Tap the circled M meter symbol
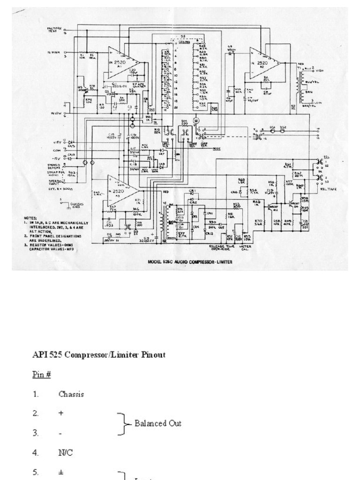pyautogui.click(x=196, y=121)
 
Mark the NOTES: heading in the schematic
pyautogui.click(x=32, y=218)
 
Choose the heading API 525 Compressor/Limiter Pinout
pyautogui.click(x=98, y=355)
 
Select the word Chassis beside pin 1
pyautogui.click(x=71, y=394)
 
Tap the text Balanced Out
pyautogui.click(x=158, y=423)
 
